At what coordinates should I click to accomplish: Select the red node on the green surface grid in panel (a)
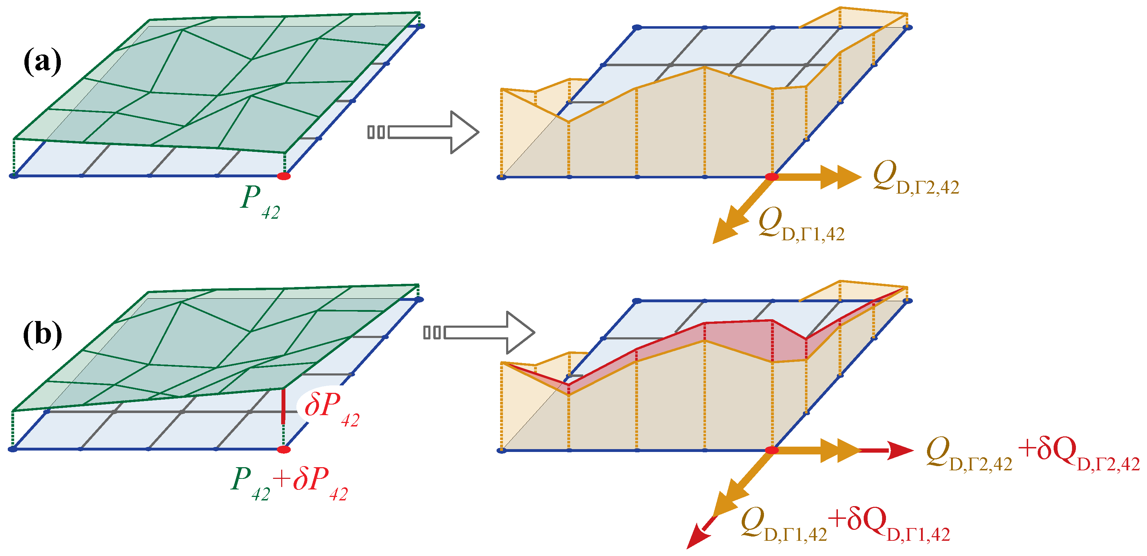tap(284, 176)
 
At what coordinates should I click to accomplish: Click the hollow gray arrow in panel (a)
tap(423, 132)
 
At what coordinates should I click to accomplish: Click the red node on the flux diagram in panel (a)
tap(772, 177)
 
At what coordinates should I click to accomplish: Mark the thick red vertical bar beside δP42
tap(283, 406)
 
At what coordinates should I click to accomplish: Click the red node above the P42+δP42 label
tap(284, 449)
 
